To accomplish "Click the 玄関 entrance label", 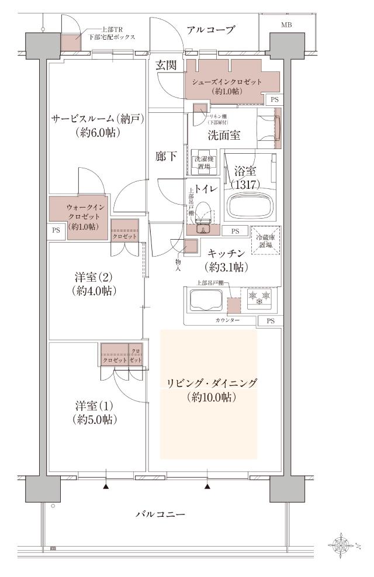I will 167,66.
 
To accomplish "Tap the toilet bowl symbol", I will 203,212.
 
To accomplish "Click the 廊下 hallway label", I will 165,156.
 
